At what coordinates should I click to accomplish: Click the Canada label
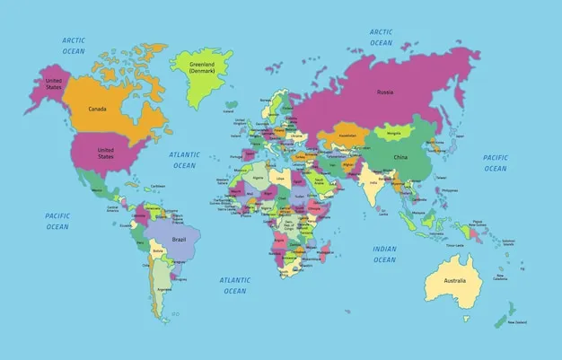pos(98,109)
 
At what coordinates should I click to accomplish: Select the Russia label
pos(385,92)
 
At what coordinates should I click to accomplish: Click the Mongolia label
pos(393,134)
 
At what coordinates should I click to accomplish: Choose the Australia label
pos(454,280)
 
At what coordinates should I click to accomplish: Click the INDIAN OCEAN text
pos(384,254)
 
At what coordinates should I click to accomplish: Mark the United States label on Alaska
pos(54,83)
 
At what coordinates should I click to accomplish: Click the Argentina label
pos(163,289)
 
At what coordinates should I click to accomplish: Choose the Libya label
pos(281,178)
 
